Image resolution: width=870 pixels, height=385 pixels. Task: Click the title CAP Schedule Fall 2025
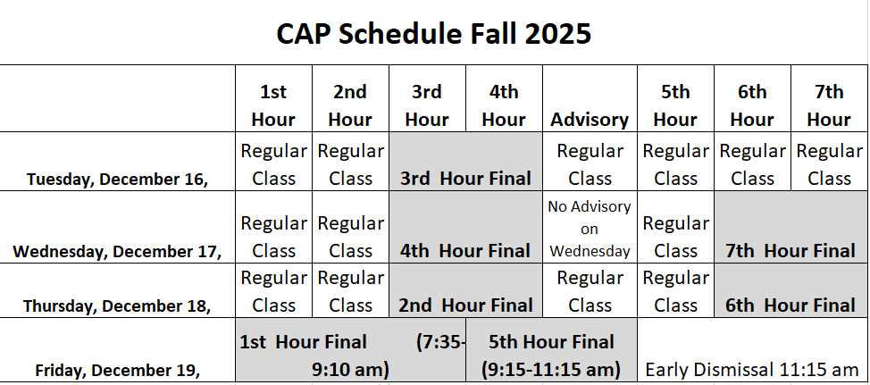pyautogui.click(x=434, y=33)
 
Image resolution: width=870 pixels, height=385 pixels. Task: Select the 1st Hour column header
pyautogui.click(x=273, y=105)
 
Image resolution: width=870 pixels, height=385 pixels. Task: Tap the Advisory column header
pyautogui.click(x=590, y=119)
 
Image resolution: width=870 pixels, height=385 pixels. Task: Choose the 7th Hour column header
pyautogui.click(x=829, y=105)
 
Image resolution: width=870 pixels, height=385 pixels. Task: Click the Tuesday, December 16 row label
pyautogui.click(x=118, y=179)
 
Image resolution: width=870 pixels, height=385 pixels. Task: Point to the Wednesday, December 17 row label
pyautogui.click(x=118, y=251)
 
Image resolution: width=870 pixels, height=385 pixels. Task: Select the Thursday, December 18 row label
pyautogui.click(x=118, y=305)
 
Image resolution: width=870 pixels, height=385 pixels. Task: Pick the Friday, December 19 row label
pyautogui.click(x=118, y=369)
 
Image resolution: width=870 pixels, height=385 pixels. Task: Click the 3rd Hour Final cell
pyautogui.click(x=465, y=178)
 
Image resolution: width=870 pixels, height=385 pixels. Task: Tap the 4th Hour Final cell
pyautogui.click(x=465, y=251)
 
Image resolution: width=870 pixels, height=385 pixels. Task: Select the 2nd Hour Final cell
pyautogui.click(x=465, y=305)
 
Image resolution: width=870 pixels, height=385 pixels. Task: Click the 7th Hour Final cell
pyautogui.click(x=791, y=251)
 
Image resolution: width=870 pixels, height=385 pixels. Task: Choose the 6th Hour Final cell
pyautogui.click(x=791, y=305)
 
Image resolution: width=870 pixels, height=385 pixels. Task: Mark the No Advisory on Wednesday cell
pyautogui.click(x=590, y=229)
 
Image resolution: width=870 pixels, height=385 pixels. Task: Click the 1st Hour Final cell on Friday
pyautogui.click(x=350, y=355)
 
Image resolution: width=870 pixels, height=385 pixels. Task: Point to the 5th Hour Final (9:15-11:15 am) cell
pyautogui.click(x=550, y=355)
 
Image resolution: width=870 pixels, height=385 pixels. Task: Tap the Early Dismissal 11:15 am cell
pyautogui.click(x=751, y=369)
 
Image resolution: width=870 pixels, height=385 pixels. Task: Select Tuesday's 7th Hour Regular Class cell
pyautogui.click(x=829, y=164)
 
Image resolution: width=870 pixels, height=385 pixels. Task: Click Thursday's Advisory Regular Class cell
pyautogui.click(x=590, y=291)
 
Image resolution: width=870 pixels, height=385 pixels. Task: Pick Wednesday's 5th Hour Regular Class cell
pyautogui.click(x=675, y=237)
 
